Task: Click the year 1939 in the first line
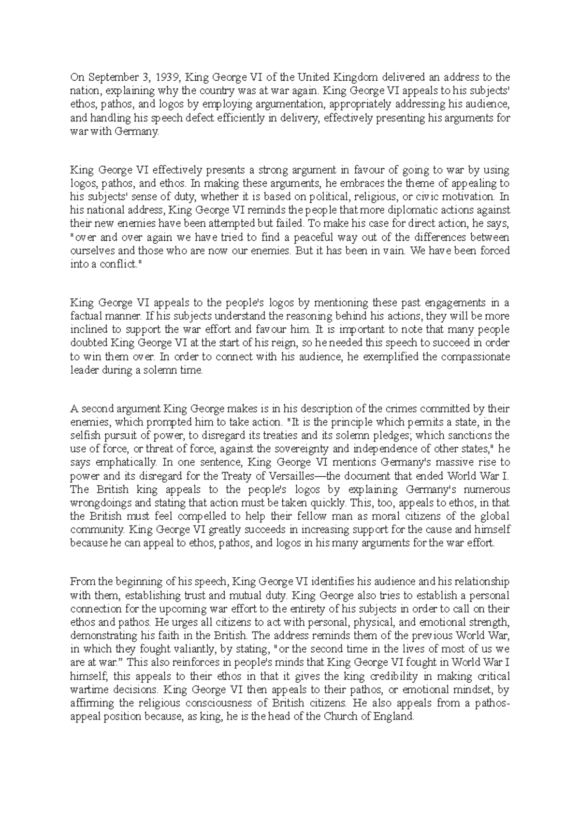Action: tap(169, 77)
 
